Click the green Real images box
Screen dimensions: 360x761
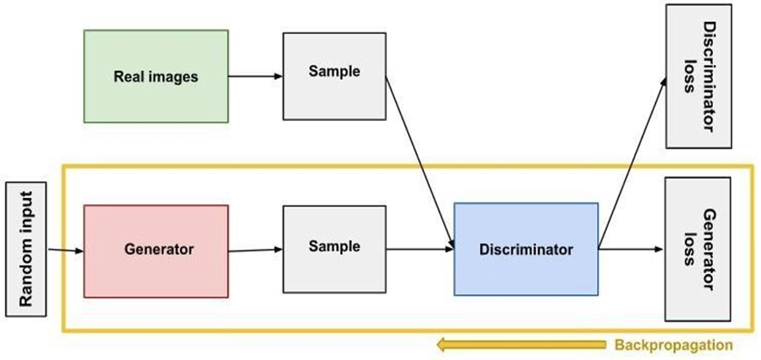point(156,76)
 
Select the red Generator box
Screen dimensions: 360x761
point(156,250)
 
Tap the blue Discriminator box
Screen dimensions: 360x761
point(525,249)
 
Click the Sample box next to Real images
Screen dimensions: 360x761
point(334,76)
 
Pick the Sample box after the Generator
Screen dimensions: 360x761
point(334,250)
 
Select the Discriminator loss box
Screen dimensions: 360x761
point(698,75)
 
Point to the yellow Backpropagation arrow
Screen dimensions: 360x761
point(520,345)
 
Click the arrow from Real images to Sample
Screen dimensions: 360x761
point(255,76)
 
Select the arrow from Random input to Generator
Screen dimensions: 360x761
point(66,251)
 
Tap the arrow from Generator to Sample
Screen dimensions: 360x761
point(255,251)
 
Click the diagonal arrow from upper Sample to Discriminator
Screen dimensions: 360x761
point(420,166)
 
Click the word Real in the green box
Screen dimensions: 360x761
point(129,76)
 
